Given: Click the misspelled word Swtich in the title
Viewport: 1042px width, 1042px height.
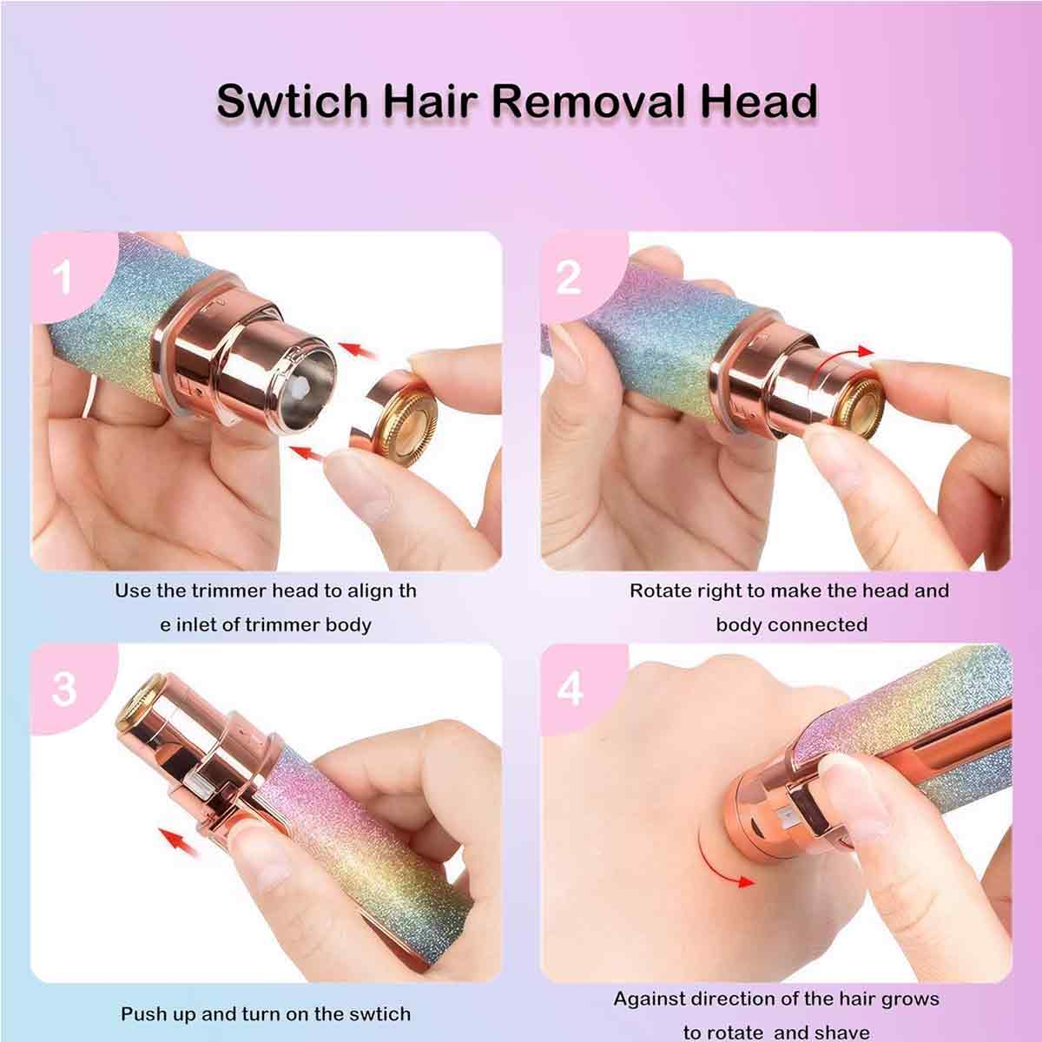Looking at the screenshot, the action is click(x=292, y=101).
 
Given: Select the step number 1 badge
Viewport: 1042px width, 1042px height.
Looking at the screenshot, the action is click(x=63, y=277).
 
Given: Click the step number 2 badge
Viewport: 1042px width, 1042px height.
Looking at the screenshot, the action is click(x=568, y=277).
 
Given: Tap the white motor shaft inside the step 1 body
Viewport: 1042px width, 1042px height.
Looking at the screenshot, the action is click(x=300, y=387).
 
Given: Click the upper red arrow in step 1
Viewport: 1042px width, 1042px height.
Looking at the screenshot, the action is click(x=357, y=349).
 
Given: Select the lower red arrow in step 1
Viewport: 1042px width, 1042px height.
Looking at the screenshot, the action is click(x=308, y=452).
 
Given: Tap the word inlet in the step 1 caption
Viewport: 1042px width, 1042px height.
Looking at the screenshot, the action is click(x=198, y=625).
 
